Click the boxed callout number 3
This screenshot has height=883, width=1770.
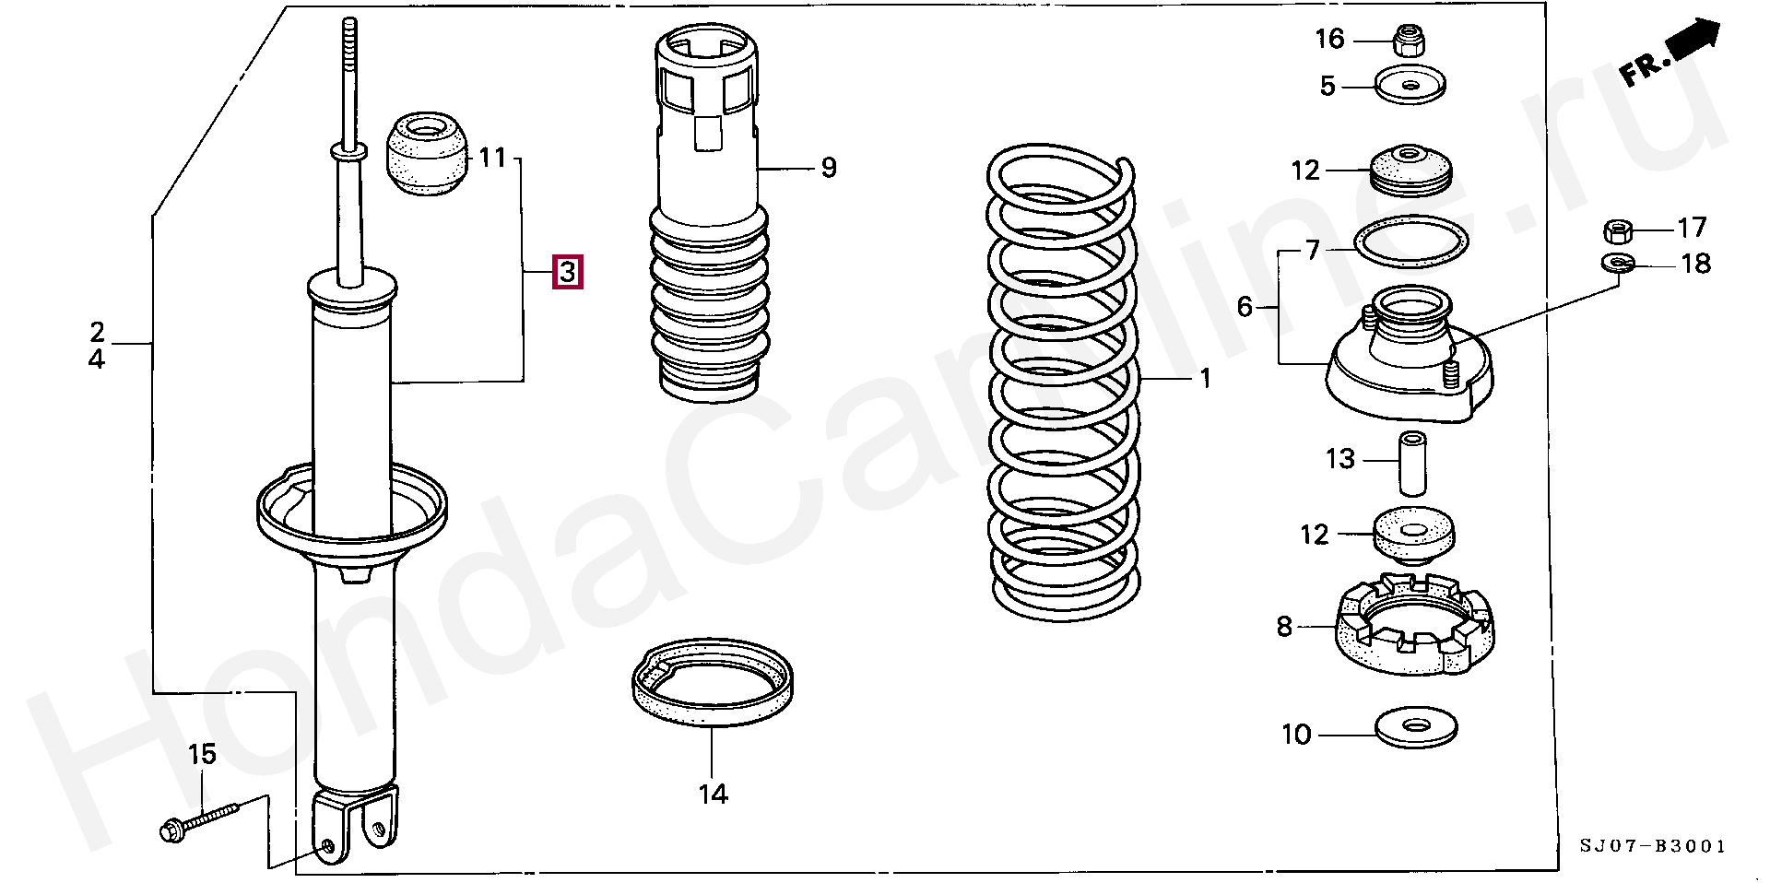click(567, 272)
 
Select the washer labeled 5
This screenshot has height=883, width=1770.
click(1410, 86)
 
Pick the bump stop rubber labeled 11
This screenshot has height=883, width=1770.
click(427, 153)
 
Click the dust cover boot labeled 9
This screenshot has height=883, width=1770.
click(710, 214)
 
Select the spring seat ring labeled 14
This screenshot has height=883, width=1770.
click(713, 682)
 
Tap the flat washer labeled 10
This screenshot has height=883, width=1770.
click(1416, 728)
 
